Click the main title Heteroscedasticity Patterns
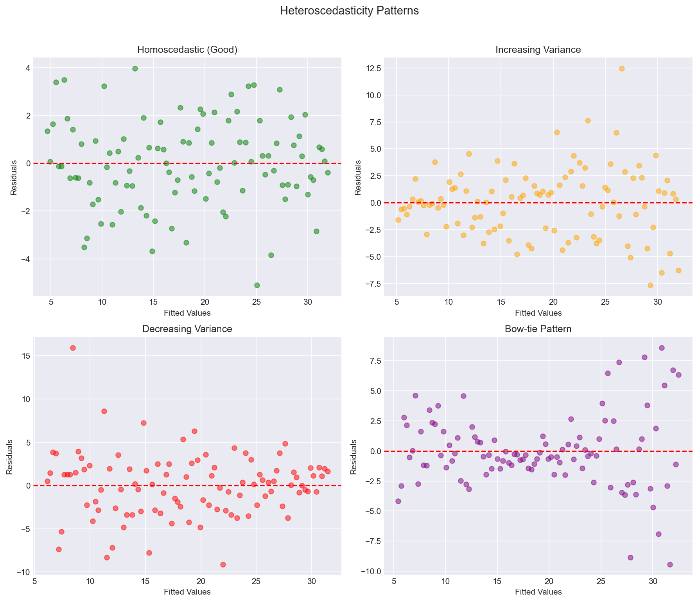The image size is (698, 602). [349, 11]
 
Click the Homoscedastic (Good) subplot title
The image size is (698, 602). [187, 50]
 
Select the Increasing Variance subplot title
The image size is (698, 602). [538, 50]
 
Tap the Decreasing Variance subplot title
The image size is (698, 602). [187, 329]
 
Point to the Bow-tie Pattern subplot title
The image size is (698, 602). [538, 329]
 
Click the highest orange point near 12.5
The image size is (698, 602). [622, 68]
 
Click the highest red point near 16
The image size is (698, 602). [73, 348]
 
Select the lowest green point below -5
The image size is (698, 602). [257, 285]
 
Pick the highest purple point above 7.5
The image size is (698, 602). [662, 348]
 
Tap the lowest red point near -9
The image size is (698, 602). [223, 564]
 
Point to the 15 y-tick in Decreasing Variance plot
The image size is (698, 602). [24, 356]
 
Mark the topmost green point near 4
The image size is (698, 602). [135, 68]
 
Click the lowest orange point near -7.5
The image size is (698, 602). [650, 285]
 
